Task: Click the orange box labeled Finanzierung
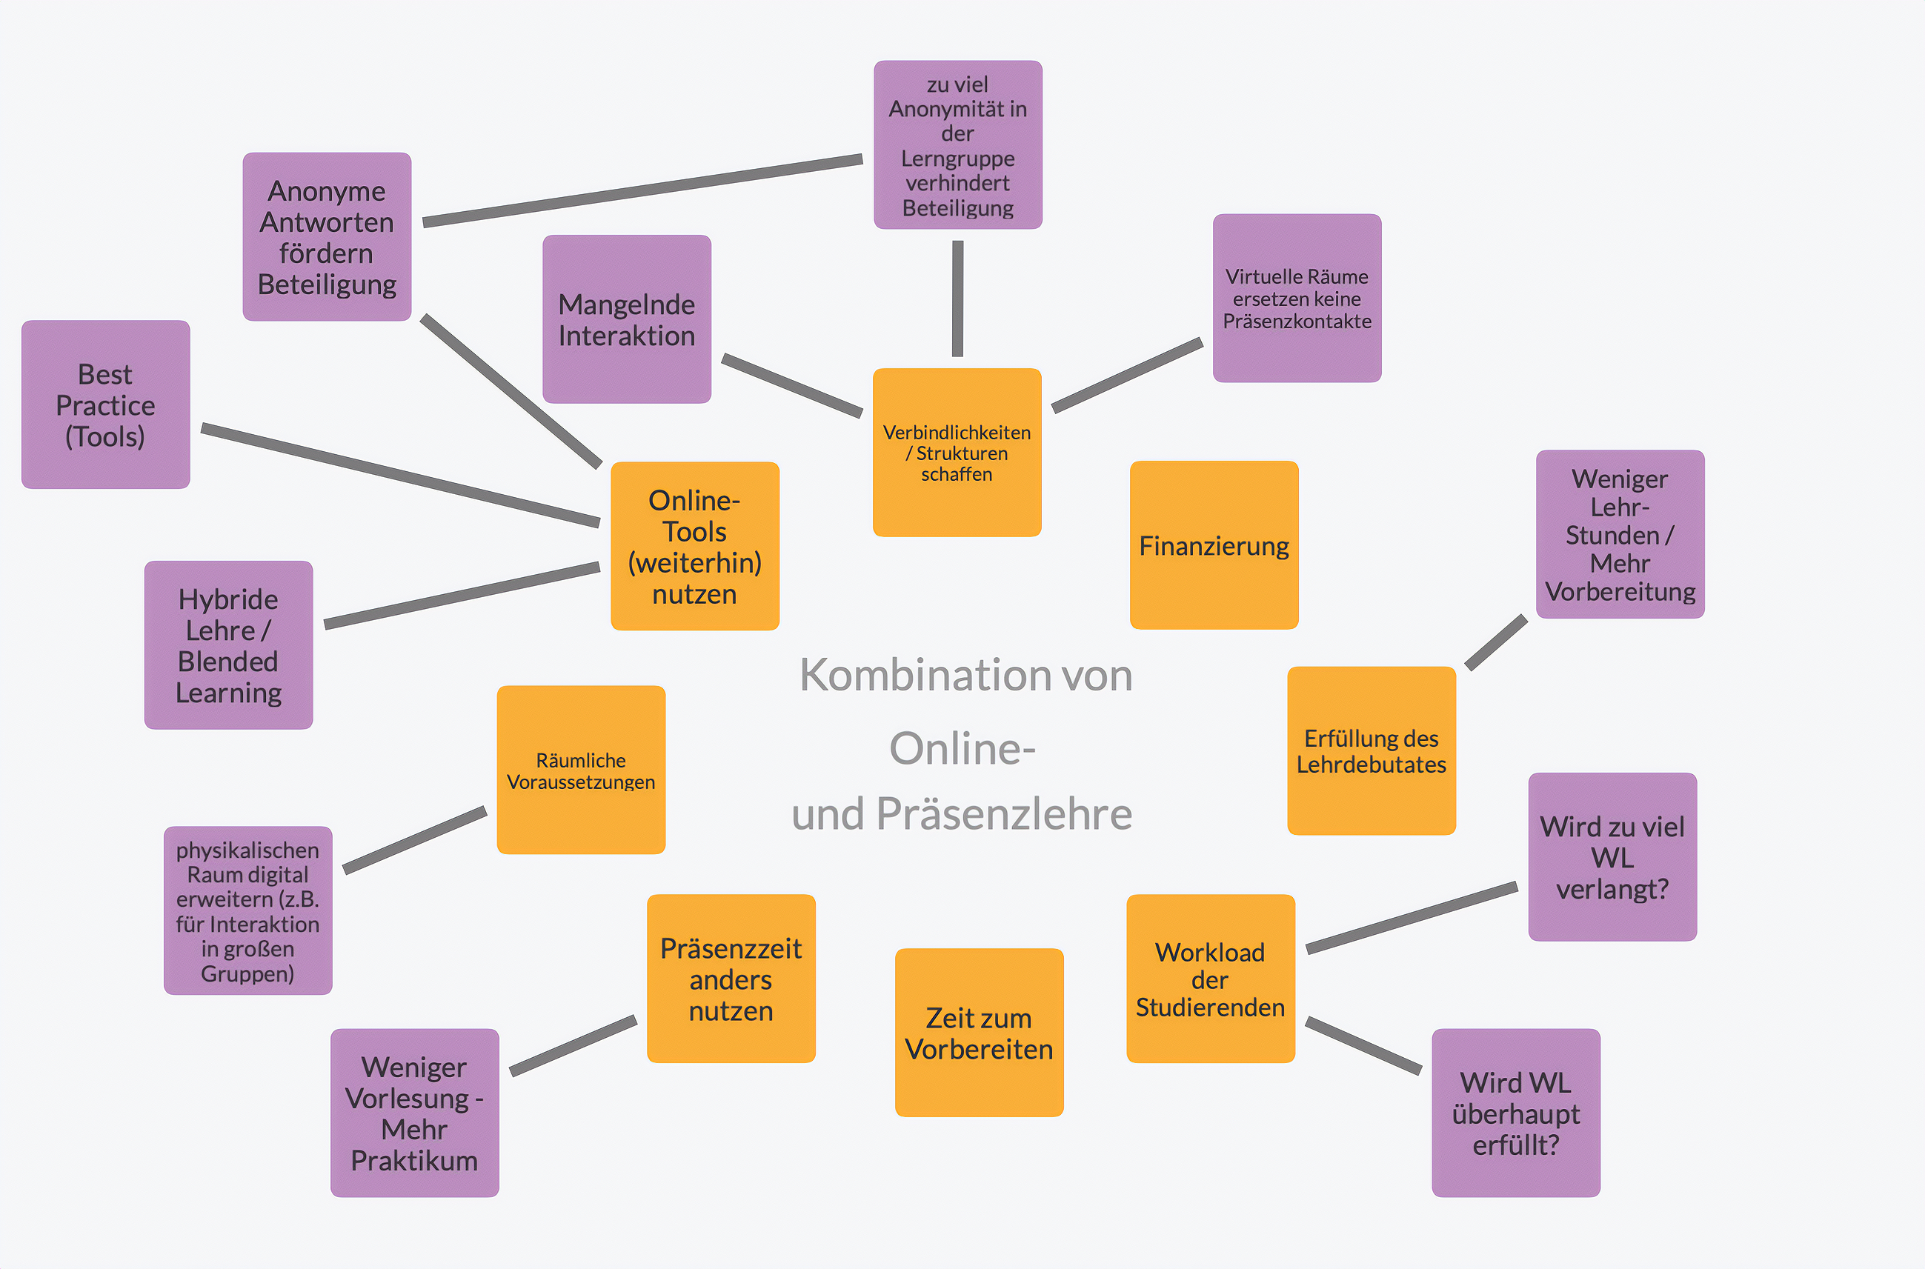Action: tap(1214, 544)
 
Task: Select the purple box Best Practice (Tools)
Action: tap(105, 404)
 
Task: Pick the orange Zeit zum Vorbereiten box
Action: tap(979, 1033)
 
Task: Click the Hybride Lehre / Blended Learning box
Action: tap(228, 645)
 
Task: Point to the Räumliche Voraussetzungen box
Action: tap(580, 770)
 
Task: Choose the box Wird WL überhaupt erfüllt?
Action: tap(1515, 1113)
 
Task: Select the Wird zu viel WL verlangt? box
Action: tap(1612, 857)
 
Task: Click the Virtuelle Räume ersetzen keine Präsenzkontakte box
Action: tap(1297, 298)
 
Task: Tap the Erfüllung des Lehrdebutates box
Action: tap(1372, 751)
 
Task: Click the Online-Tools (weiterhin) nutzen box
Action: tap(694, 546)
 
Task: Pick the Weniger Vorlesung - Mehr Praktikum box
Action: tap(414, 1113)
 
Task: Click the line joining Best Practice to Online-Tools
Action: tap(400, 475)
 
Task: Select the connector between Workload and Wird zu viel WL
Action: tap(1411, 918)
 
